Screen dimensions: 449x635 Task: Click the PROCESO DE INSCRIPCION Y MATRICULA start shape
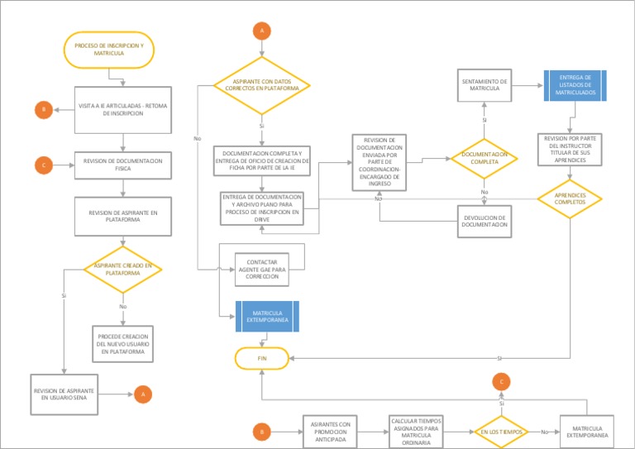tap(108, 49)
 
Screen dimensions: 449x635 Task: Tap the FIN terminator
tap(262, 358)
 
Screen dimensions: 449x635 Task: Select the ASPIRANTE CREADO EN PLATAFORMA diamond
tap(123, 269)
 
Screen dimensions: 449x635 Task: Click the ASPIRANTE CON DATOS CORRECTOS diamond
tap(262, 85)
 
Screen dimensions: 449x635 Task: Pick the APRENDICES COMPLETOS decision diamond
tap(570, 199)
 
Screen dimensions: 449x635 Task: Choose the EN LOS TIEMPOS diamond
tap(501, 432)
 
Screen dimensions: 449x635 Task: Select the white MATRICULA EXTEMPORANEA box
tap(587, 431)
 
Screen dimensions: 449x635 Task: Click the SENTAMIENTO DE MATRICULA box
tap(485, 85)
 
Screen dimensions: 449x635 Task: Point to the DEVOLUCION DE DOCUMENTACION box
tap(485, 220)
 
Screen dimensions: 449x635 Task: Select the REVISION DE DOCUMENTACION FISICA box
tap(123, 165)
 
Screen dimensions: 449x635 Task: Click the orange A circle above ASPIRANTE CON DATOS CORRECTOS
tap(262, 31)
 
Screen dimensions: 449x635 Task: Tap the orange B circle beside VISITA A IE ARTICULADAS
tap(43, 109)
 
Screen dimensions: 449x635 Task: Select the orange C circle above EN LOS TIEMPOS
tap(501, 380)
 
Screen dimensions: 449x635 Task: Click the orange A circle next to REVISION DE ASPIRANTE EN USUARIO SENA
tap(143, 394)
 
